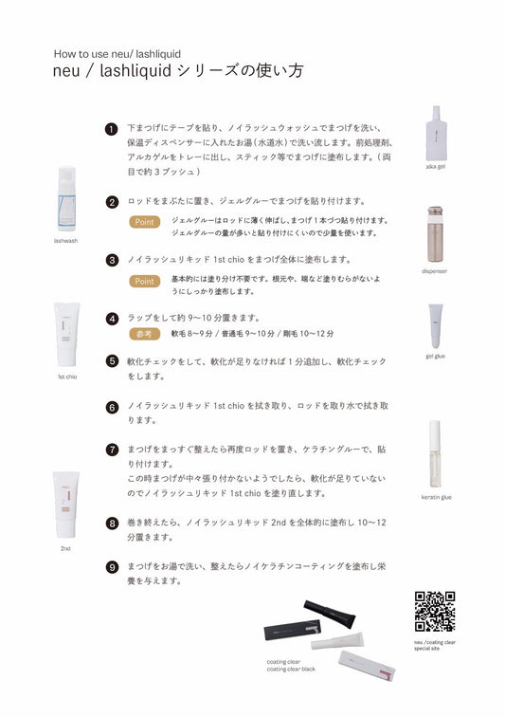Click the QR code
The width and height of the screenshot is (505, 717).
pos(435,612)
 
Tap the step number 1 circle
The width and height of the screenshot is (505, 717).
pos(112,129)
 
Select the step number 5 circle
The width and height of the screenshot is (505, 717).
pos(112,361)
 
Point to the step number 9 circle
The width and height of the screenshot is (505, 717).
pos(112,567)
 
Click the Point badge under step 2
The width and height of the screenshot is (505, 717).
pos(144,222)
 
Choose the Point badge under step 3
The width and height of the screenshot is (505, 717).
pos(144,282)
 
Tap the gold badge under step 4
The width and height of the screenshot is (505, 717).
pos(144,334)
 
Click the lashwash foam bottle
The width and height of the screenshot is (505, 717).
pos(66,198)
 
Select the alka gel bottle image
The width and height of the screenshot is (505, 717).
pos(437,133)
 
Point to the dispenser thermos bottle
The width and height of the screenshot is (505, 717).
pos(435,233)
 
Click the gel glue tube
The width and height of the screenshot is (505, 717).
pos(436,325)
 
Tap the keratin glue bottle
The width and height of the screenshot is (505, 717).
pos(435,454)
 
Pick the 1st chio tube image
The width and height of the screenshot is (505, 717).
pos(66,334)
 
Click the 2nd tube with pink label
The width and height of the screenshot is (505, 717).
pos(65,505)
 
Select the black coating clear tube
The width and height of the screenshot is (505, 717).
pos(330,615)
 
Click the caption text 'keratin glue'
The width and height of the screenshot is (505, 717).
pos(437,497)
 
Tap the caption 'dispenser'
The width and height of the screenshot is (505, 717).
pos(435,271)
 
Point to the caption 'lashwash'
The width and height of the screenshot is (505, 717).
pos(65,241)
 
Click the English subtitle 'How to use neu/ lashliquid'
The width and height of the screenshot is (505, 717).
pos(117,54)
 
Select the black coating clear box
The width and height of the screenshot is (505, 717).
pos(293,630)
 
